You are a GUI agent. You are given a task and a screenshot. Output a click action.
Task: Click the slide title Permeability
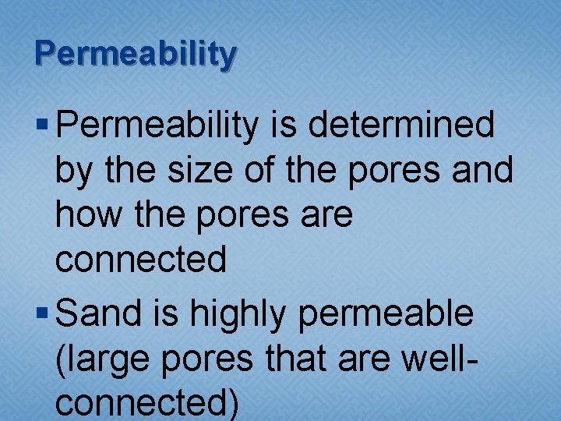click(135, 54)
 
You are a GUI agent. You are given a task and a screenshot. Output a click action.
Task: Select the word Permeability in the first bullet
click(157, 126)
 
